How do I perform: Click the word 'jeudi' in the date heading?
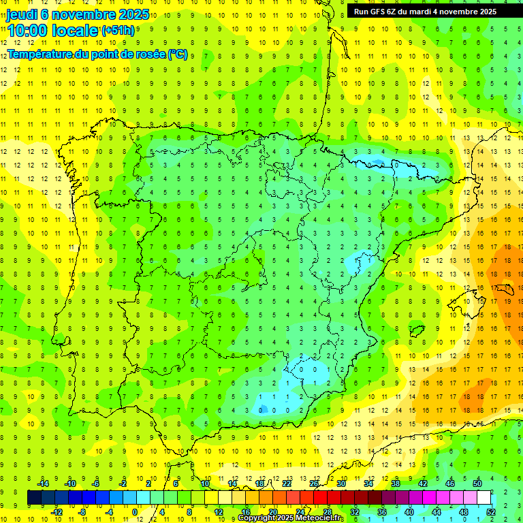point(21,14)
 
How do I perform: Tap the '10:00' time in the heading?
point(27,31)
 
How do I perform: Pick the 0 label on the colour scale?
point(135,512)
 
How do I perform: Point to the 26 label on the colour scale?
point(313,484)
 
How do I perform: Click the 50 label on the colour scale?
point(477,484)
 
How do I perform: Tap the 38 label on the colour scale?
point(395,484)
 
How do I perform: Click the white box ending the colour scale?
point(484,498)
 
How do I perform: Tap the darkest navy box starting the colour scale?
point(34,498)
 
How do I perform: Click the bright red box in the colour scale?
point(321,498)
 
